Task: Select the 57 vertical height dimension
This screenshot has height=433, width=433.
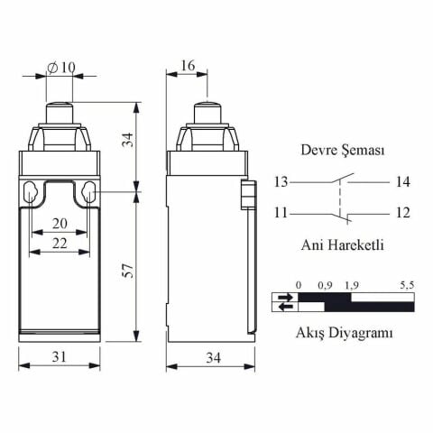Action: (128, 271)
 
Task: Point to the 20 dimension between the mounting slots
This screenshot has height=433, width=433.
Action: (60, 224)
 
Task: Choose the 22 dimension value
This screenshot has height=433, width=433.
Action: (60, 244)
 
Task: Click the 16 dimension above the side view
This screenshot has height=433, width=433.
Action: (187, 66)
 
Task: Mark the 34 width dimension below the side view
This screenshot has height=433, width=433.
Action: (213, 358)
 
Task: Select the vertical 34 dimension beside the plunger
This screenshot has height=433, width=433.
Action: (128, 140)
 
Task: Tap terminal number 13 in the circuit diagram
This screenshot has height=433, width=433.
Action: (282, 182)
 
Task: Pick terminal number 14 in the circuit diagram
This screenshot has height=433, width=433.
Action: (402, 182)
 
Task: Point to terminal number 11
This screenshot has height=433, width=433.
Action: (282, 213)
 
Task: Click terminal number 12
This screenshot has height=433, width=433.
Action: (402, 213)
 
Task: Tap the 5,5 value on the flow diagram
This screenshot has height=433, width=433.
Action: (405, 286)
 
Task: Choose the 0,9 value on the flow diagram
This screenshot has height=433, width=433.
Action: (326, 286)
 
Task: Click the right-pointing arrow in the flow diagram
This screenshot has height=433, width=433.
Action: (286, 296)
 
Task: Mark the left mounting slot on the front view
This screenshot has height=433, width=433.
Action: (32, 192)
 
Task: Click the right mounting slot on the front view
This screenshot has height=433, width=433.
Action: (88, 192)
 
